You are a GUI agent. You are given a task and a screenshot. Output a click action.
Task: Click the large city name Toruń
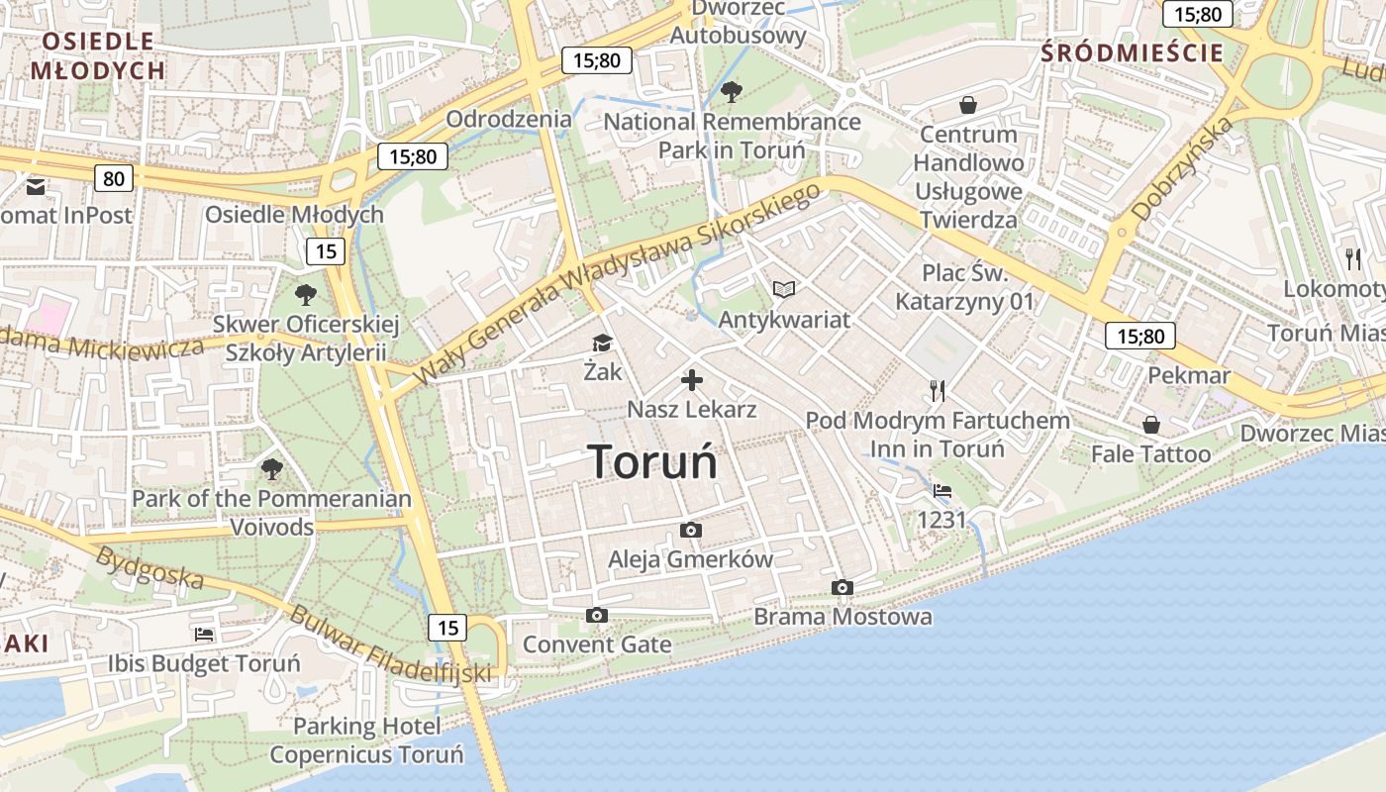[x=652, y=461]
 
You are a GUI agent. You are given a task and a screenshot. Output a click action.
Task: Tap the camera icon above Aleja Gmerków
[x=691, y=531]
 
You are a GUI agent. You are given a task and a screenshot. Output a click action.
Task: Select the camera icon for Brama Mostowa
[x=842, y=587]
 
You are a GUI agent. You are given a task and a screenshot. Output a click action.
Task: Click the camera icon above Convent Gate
[x=596, y=616]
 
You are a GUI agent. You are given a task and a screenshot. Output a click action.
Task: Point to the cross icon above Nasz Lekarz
[x=692, y=380]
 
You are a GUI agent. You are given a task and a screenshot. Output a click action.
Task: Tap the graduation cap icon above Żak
[x=602, y=344]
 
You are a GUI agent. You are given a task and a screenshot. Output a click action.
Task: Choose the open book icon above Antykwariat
[x=784, y=290]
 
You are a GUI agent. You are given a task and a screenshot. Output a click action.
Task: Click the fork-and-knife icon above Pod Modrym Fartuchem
[x=938, y=390]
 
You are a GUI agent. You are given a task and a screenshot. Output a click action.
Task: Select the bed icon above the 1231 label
[x=942, y=490]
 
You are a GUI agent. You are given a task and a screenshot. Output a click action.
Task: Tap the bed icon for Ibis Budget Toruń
[x=204, y=634]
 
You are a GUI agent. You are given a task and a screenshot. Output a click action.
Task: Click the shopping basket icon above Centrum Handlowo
[x=967, y=105]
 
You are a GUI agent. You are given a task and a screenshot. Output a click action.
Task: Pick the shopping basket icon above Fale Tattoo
[x=1150, y=425]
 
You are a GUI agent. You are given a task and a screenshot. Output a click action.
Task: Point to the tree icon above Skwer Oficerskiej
[x=306, y=294]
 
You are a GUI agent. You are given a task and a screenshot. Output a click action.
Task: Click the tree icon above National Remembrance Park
[x=732, y=92]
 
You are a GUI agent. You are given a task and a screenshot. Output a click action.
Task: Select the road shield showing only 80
[x=114, y=178]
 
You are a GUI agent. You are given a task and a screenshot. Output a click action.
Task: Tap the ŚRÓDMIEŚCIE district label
[x=1133, y=53]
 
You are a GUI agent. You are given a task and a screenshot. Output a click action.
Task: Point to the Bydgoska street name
[x=148, y=568]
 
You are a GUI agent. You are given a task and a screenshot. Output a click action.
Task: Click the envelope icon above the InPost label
[x=36, y=186]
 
